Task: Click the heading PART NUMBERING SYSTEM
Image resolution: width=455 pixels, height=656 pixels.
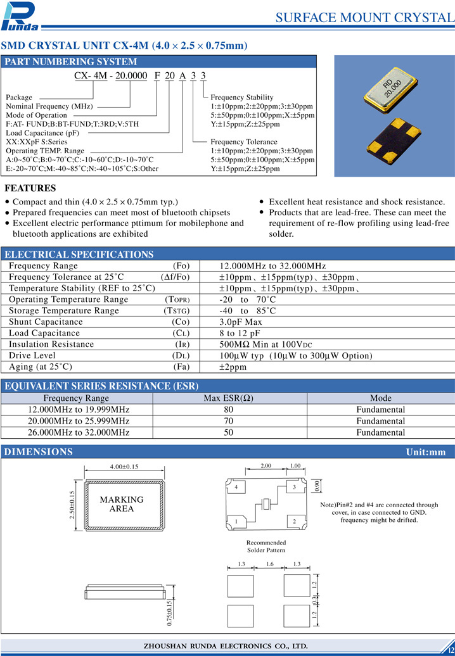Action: [x=71, y=61]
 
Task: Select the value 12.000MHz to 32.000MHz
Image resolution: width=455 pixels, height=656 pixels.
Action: [x=272, y=266]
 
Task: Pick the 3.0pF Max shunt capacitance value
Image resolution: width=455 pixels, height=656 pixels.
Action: [x=241, y=322]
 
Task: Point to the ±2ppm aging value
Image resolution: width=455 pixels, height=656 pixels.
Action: [x=233, y=367]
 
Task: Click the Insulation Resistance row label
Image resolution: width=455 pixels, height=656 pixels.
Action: [x=51, y=344]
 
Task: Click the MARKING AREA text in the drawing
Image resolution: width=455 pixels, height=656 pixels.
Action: [x=122, y=504]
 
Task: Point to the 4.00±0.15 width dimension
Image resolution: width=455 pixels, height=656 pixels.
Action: [x=124, y=467]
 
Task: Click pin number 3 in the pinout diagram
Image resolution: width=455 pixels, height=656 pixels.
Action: [x=294, y=488]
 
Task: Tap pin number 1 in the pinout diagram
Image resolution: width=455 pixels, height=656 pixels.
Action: [x=236, y=521]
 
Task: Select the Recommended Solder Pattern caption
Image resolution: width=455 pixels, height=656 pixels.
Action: [x=266, y=546]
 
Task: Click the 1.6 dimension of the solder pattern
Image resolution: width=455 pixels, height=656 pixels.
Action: [x=269, y=564]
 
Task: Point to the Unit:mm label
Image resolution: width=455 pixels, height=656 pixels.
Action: [x=426, y=452]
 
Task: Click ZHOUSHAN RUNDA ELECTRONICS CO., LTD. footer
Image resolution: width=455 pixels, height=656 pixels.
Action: [x=227, y=646]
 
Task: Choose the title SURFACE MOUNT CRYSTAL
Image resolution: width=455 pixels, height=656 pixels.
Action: [x=365, y=18]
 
